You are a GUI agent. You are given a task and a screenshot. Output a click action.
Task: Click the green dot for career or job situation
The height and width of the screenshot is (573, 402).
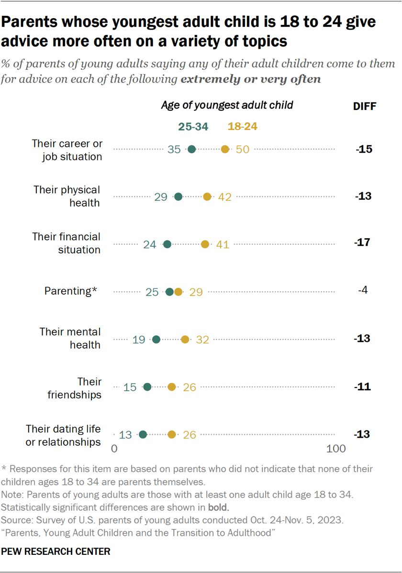pyautogui.click(x=191, y=149)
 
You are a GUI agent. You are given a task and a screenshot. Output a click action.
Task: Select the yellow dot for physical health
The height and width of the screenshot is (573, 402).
pyautogui.click(x=207, y=197)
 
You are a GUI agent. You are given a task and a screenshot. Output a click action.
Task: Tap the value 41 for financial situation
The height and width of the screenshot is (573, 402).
pyautogui.click(x=223, y=244)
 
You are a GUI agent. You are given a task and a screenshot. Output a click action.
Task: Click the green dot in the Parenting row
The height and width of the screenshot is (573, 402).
pyautogui.click(x=169, y=292)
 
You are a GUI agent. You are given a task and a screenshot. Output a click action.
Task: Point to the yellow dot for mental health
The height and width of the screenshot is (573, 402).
pyautogui.click(x=185, y=339)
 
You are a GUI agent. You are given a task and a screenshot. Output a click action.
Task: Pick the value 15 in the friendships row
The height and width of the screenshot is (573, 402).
pyautogui.click(x=130, y=387)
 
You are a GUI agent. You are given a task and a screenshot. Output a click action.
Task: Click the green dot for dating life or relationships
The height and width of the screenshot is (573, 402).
pyautogui.click(x=143, y=434)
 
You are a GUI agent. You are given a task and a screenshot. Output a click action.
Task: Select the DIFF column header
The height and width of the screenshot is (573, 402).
pyautogui.click(x=364, y=107)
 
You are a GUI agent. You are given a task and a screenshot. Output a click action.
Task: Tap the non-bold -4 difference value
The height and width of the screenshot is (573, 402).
pyautogui.click(x=363, y=290)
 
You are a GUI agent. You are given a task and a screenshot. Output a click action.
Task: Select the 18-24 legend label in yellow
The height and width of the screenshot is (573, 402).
pyautogui.click(x=243, y=126)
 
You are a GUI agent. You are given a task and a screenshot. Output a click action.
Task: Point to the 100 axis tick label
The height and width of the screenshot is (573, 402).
pyautogui.click(x=336, y=449)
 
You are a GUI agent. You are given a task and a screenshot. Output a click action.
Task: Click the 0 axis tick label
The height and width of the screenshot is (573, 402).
pyautogui.click(x=114, y=449)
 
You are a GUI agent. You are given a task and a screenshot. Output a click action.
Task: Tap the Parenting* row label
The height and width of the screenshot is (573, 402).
pyautogui.click(x=71, y=291)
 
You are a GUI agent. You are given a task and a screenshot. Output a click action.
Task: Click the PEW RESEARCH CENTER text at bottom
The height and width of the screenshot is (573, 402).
pyautogui.click(x=56, y=551)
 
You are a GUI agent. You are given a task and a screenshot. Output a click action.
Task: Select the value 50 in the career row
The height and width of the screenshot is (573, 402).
pyautogui.click(x=243, y=149)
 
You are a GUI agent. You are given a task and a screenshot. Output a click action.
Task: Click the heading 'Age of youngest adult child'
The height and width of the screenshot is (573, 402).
pyautogui.click(x=227, y=105)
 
